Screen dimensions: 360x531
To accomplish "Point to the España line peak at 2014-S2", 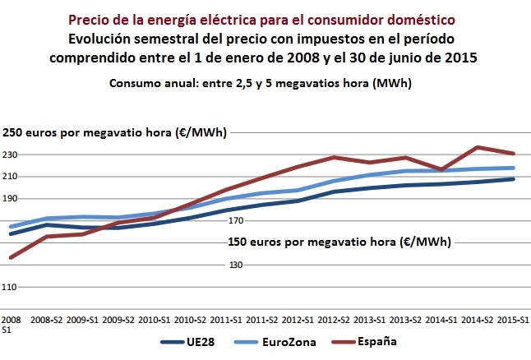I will [478, 147].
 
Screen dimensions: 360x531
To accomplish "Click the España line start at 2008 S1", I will [11, 257].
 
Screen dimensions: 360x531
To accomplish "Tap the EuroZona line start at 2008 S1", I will [11, 226].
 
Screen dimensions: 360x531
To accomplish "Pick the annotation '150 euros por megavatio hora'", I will [338, 242].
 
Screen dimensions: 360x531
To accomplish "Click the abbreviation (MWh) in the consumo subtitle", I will [393, 83].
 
